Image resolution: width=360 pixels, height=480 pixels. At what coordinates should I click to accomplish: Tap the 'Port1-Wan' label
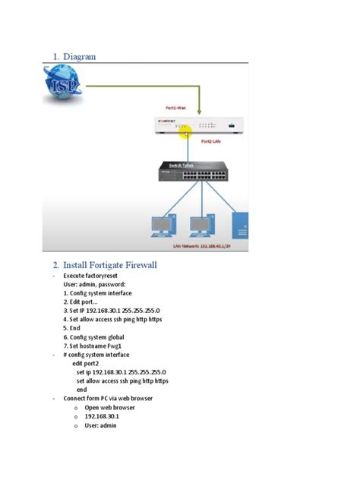180,109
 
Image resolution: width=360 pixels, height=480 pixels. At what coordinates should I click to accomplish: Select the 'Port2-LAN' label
216,141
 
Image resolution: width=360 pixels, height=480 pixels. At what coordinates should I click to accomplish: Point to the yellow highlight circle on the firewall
185,134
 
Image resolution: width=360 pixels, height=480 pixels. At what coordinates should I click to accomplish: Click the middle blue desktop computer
200,226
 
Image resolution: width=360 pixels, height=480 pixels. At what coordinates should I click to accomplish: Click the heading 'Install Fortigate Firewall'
105,265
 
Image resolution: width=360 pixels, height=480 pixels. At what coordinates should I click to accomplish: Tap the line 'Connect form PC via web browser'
112,398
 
